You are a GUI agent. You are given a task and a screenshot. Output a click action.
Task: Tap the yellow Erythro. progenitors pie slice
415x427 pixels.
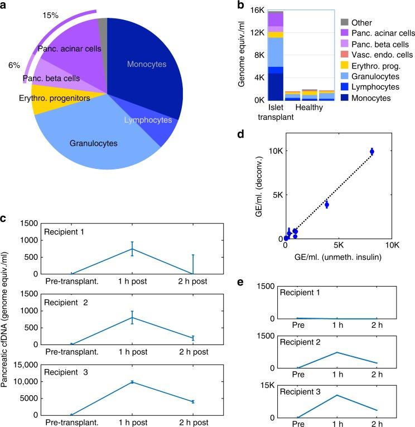click(47, 99)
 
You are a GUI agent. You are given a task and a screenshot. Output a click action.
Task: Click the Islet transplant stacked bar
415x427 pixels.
click(275, 56)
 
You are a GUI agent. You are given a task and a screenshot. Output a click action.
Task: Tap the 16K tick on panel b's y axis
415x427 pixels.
click(256, 10)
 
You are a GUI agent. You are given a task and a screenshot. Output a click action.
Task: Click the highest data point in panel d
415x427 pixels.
click(372, 151)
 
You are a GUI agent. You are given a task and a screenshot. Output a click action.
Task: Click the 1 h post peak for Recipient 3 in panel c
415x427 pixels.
click(132, 382)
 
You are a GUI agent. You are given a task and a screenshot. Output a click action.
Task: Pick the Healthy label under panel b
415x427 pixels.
click(308, 107)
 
